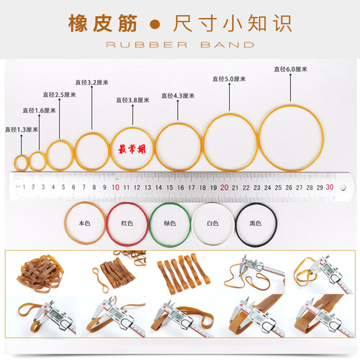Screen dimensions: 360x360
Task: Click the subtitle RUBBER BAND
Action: pyautogui.click(x=179, y=45)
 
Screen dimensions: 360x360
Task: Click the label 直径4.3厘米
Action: pyautogui.click(x=176, y=96)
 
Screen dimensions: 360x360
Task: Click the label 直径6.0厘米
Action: pyautogui.click(x=290, y=69)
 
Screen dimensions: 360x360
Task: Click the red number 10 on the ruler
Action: pyautogui.click(x=115, y=187)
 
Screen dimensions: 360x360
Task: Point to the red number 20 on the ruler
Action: pyautogui.click(x=225, y=187)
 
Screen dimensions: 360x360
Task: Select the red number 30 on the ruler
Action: pyautogui.click(x=329, y=187)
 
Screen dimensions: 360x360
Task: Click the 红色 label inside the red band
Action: pyautogui.click(x=127, y=223)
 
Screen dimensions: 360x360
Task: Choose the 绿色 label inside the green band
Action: pyautogui.click(x=170, y=223)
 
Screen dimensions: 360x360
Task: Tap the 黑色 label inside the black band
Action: pyautogui.click(x=256, y=223)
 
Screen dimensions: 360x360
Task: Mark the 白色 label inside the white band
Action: pyautogui.click(x=212, y=223)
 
